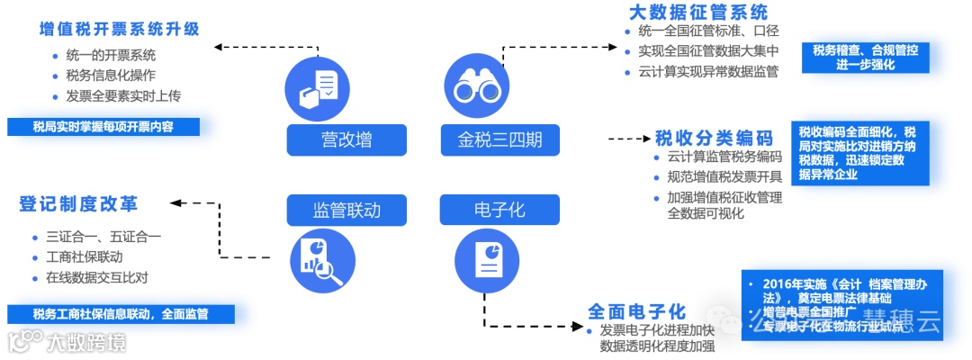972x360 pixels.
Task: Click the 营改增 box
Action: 346,139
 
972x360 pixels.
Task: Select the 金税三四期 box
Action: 499,139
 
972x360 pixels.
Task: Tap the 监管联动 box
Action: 346,210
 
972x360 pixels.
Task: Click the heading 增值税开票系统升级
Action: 119,28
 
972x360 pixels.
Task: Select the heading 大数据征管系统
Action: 697,13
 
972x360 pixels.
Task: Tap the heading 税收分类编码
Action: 714,138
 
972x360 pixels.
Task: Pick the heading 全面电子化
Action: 637,311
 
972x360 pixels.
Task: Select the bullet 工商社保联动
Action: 90,257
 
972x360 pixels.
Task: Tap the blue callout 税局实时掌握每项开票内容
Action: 103,127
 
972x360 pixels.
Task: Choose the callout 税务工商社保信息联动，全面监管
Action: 120,314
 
